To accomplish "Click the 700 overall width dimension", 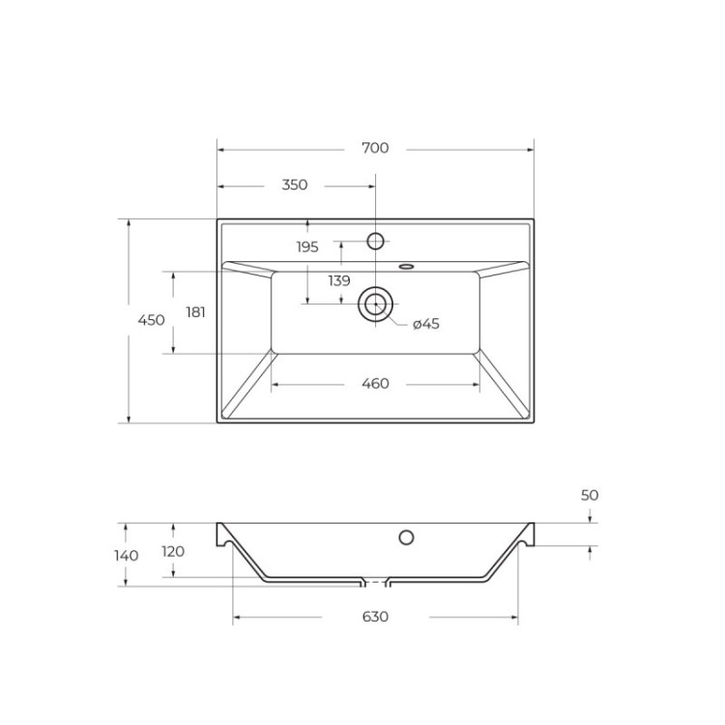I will click(x=375, y=149).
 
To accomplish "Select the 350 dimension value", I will click(x=294, y=185).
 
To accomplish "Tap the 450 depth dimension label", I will click(x=151, y=320).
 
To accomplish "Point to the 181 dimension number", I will click(x=195, y=312).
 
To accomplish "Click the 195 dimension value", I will click(x=306, y=247).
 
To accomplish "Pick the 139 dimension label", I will click(x=338, y=281).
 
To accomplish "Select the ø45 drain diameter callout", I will click(x=425, y=324).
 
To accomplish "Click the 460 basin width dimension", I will click(x=375, y=384).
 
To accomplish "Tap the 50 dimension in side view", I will click(x=590, y=495).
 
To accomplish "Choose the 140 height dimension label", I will click(x=126, y=556).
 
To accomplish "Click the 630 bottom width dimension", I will click(x=375, y=617).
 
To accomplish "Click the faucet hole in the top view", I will click(x=376, y=240).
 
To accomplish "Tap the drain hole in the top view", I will click(x=375, y=304).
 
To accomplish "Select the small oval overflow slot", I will click(x=406, y=264).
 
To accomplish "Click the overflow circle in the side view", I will click(x=406, y=537).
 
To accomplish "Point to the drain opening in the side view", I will click(x=375, y=583).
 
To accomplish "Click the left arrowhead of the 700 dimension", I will click(x=220, y=149).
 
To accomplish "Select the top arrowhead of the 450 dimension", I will click(x=128, y=222).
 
